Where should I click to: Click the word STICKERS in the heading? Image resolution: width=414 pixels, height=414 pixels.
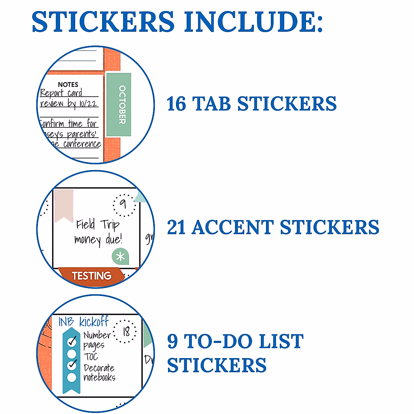pos(103,21)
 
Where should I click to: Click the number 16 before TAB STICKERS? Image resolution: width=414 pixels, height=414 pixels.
pos(176,104)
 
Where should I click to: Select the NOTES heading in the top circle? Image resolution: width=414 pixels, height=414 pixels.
pos(68,85)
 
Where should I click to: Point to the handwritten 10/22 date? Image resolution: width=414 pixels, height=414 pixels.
pos(88,103)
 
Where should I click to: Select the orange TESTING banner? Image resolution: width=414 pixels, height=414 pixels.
pos(91,276)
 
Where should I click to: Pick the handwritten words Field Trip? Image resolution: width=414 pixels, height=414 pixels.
pos(98,225)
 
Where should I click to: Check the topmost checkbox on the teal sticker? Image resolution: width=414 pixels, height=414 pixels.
pos(72,342)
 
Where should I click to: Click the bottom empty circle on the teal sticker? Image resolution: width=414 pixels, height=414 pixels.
pos(72,377)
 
